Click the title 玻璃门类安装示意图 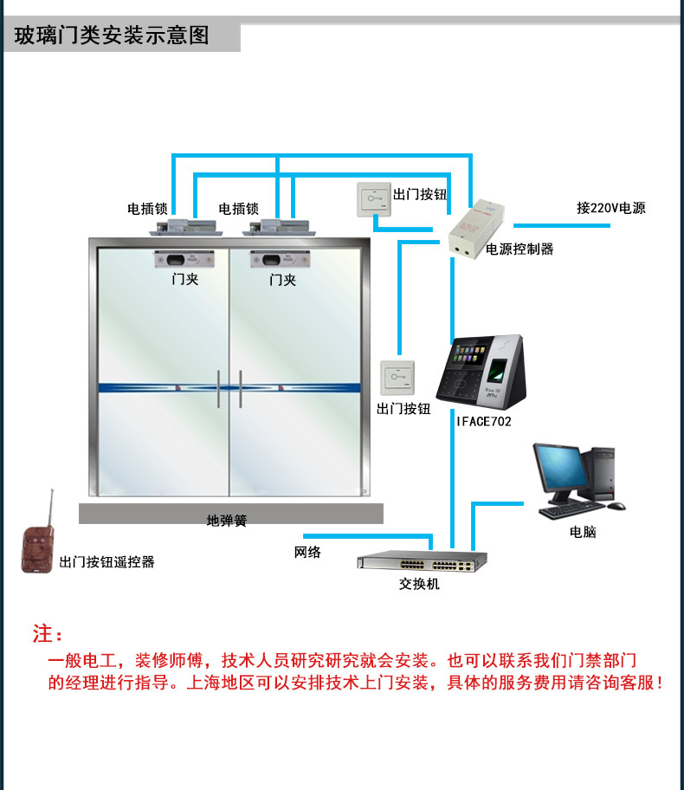pyautogui.click(x=113, y=36)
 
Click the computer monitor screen pyautogui.click(x=555, y=469)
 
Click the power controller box pyautogui.click(x=478, y=227)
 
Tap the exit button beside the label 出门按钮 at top pyautogui.click(x=373, y=200)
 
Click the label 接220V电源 pyautogui.click(x=610, y=208)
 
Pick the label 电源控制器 pyautogui.click(x=519, y=249)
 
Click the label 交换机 pyautogui.click(x=419, y=584)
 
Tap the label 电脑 pyautogui.click(x=583, y=532)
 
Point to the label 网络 pyautogui.click(x=307, y=552)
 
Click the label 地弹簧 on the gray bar pyautogui.click(x=227, y=521)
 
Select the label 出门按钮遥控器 pyautogui.click(x=107, y=562)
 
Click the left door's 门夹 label pyautogui.click(x=185, y=280)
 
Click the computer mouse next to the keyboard pyautogui.click(x=616, y=506)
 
